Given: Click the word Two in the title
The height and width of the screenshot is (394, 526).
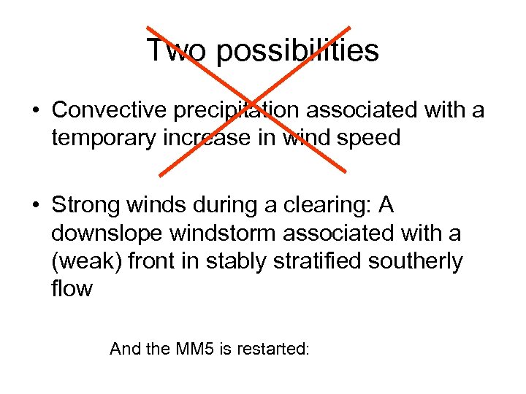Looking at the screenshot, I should click(175, 50).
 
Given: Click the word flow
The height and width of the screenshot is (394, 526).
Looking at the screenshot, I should click(72, 289).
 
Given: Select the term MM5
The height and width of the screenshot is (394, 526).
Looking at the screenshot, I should click(195, 349).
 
